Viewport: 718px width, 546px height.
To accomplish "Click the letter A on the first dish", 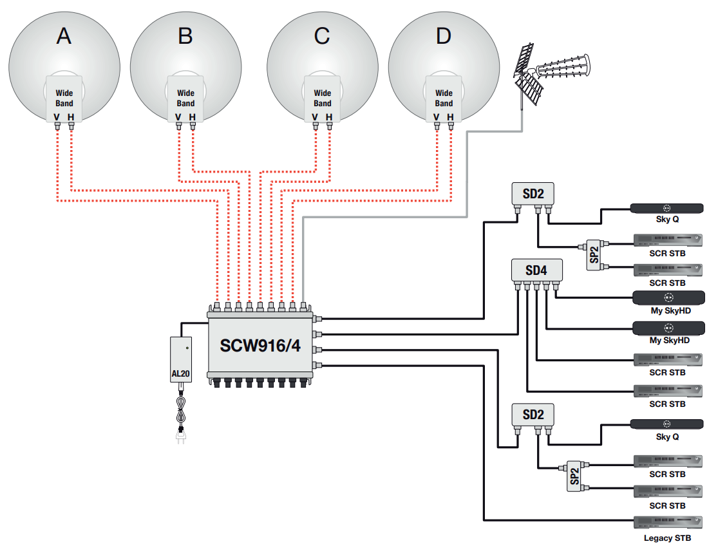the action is click(x=64, y=35).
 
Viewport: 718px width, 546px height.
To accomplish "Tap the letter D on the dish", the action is click(x=443, y=35).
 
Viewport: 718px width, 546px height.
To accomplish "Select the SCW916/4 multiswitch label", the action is click(x=260, y=346).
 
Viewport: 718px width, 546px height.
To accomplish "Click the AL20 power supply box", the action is click(x=181, y=360).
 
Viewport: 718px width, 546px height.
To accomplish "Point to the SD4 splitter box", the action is click(x=536, y=270).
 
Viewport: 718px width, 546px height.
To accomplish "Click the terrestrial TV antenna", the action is click(x=549, y=73).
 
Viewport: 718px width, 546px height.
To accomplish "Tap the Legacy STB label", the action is click(x=667, y=538).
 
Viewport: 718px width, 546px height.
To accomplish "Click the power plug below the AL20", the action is click(x=181, y=435).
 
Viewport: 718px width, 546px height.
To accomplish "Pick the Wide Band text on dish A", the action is click(x=64, y=98).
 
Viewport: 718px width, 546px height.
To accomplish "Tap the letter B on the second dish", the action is click(x=185, y=35).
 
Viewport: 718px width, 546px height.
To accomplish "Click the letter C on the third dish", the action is click(x=322, y=35).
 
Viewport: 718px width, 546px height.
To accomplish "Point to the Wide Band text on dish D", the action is click(x=444, y=98).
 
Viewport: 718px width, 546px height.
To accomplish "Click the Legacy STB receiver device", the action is click(x=668, y=523).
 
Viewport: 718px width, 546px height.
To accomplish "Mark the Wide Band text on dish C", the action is click(x=323, y=98).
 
